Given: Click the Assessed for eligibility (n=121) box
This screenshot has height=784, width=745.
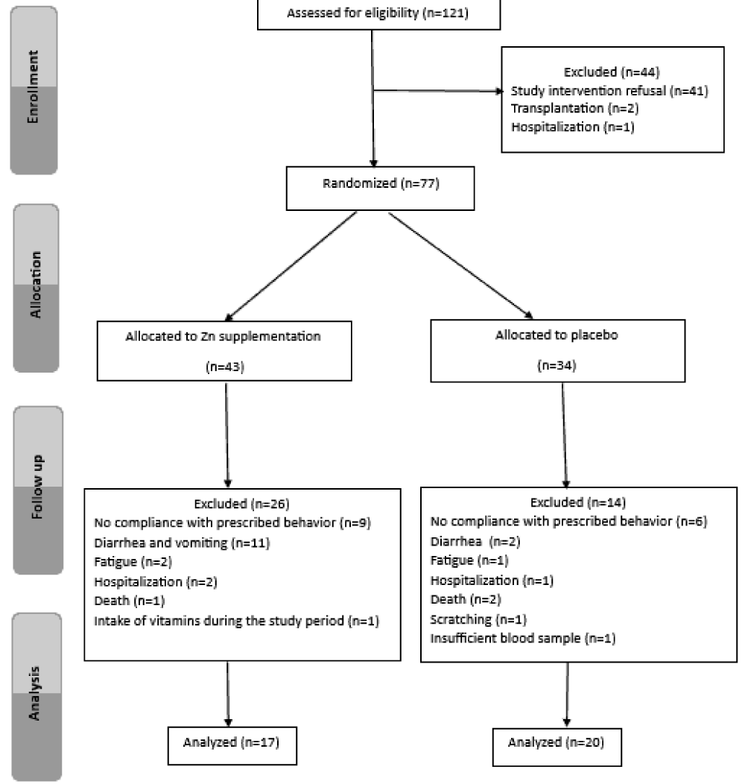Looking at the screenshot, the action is click(378, 14).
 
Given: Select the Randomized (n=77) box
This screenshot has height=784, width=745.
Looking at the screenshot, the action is click(380, 188).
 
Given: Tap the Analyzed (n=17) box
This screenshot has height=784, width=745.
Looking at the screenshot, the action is click(232, 745).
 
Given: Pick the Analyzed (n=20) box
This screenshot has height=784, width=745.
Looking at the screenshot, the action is click(557, 747).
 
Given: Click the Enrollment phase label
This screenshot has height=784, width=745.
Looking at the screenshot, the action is click(33, 87).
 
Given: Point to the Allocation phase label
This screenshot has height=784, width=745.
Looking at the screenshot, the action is click(36, 285).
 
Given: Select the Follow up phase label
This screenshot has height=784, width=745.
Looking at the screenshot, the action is click(37, 487).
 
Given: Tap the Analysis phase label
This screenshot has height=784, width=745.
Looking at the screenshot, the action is click(34, 693).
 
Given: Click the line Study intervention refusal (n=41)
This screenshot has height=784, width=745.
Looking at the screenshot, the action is click(609, 91).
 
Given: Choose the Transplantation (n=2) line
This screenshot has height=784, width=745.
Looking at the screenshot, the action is click(574, 109).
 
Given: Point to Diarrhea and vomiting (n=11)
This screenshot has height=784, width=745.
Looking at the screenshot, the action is click(182, 543).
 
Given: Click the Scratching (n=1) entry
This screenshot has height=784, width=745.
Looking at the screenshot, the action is click(478, 619).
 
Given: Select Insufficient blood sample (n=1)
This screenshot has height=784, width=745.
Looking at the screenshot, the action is click(523, 639).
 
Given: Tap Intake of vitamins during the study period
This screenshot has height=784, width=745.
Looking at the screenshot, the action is click(219, 621).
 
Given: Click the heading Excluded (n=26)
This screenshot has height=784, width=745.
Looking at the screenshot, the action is click(242, 504).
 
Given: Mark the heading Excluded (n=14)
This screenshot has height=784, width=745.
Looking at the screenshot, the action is click(578, 502).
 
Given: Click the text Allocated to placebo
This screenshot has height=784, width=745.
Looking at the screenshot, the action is click(557, 335).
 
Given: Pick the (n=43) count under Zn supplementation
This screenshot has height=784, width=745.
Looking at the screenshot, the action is click(225, 367).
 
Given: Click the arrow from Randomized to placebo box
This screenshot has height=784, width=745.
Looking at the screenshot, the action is click(460, 265).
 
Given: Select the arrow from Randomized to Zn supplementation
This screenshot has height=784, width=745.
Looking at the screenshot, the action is click(291, 266).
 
